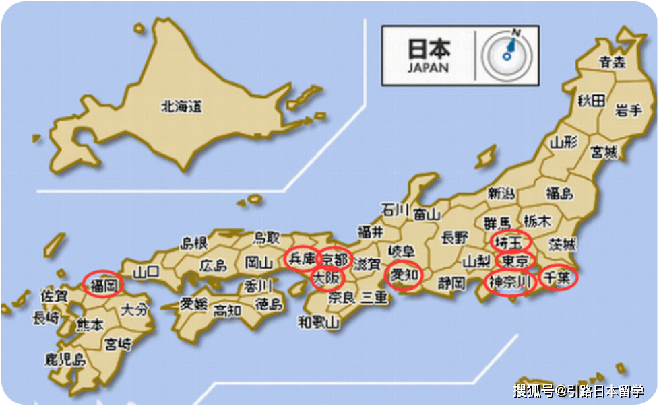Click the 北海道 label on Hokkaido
coord(182,106)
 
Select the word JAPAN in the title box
coord(428,68)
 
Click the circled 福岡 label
coord(104,285)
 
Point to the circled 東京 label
coord(515,260)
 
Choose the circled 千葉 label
coord(559,277)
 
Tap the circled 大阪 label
coord(328,276)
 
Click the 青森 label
coord(613,63)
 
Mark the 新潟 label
coord(502,193)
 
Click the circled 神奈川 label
coord(511,281)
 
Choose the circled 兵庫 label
coord(301,258)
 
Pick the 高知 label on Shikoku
coord(226,310)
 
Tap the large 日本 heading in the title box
coord(429,49)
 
